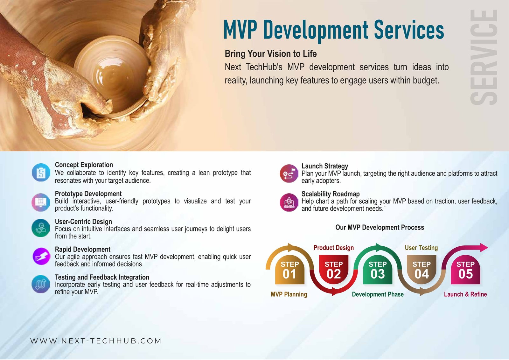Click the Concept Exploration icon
tap(41, 173)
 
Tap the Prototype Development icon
tap(41, 202)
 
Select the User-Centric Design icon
tap(41, 228)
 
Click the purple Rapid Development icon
tap(41, 256)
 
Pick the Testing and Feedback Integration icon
tap(41, 284)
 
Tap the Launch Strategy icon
tap(289, 173)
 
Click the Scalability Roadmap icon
tap(289, 202)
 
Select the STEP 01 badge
tap(289, 270)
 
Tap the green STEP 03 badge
tap(377, 270)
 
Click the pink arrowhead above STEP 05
tap(484, 247)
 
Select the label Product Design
tap(334, 248)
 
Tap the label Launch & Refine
tap(465, 294)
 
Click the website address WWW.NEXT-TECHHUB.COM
tap(96, 341)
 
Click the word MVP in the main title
tap(241, 30)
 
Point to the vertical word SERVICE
tap(484, 57)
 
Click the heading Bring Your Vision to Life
tap(271, 54)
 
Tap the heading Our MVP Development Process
tap(380, 227)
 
